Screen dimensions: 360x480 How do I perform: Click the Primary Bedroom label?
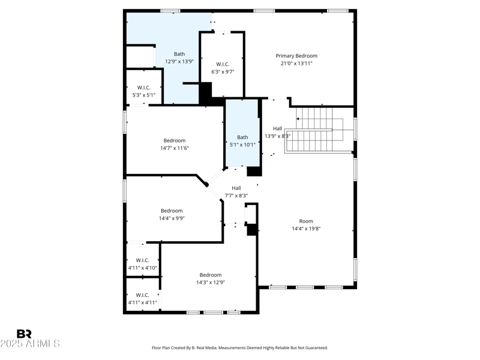coord(296,56)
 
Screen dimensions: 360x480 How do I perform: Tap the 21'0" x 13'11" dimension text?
coord(296,64)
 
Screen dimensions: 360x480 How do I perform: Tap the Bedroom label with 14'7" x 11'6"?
coord(175,140)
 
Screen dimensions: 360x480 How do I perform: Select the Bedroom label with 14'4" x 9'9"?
coord(172,211)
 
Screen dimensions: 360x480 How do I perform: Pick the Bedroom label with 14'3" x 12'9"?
coord(211,275)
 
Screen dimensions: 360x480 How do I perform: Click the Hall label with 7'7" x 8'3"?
coord(236,188)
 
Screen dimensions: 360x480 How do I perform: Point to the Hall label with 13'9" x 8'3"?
coord(277,128)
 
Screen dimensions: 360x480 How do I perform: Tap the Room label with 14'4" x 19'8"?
coord(307,221)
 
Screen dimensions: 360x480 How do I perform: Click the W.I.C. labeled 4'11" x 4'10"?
coord(143,260)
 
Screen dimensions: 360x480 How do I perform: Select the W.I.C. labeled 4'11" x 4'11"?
coord(143,295)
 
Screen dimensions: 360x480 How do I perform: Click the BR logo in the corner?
coord(24,334)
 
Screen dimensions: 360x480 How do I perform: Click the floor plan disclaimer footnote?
coord(240,348)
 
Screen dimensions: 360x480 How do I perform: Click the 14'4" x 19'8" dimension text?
coord(307,229)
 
